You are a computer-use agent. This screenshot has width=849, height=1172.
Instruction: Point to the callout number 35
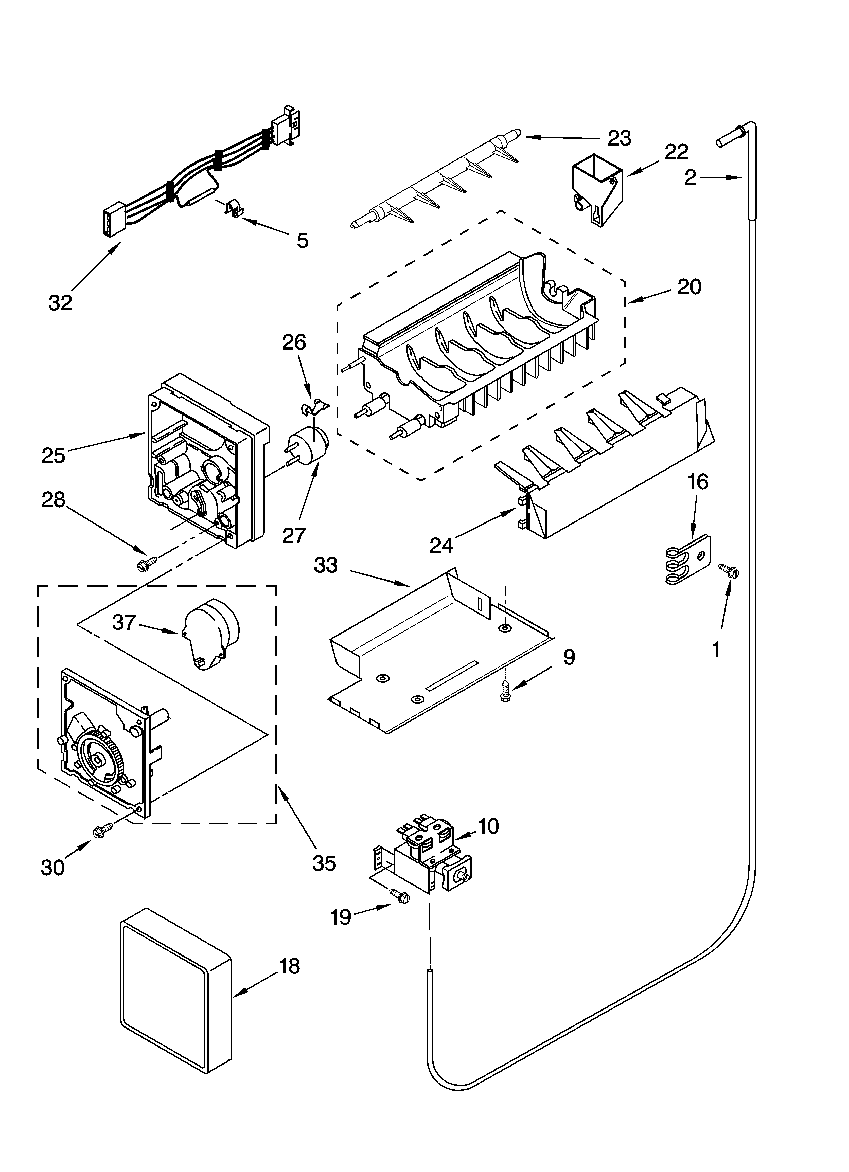coord(324,863)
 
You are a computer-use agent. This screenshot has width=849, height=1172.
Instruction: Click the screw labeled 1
coord(729,570)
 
